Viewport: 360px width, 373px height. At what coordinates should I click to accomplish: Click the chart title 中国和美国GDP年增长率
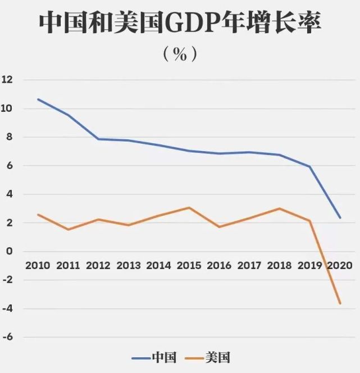(180, 24)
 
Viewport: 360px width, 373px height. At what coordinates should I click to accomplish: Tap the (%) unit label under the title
(180, 54)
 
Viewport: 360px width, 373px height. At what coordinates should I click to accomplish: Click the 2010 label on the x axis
(38, 265)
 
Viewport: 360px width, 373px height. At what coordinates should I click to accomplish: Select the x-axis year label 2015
(189, 265)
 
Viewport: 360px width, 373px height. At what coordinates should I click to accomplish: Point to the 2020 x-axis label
(340, 265)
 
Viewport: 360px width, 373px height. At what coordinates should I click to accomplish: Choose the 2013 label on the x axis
(129, 265)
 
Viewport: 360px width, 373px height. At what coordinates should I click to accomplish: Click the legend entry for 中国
(154, 357)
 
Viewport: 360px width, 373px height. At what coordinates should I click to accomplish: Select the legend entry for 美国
(209, 357)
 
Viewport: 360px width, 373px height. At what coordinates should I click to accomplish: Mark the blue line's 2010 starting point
(38, 99)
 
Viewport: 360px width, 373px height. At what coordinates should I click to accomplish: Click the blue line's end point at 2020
(340, 218)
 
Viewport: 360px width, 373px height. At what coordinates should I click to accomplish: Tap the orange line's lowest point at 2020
(340, 303)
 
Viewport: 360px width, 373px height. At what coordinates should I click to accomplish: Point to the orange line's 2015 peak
(189, 208)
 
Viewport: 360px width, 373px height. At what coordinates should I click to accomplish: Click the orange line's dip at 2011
(69, 229)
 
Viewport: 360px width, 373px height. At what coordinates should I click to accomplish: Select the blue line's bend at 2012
(99, 139)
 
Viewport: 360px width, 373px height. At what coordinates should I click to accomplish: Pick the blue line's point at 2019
(309, 167)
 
